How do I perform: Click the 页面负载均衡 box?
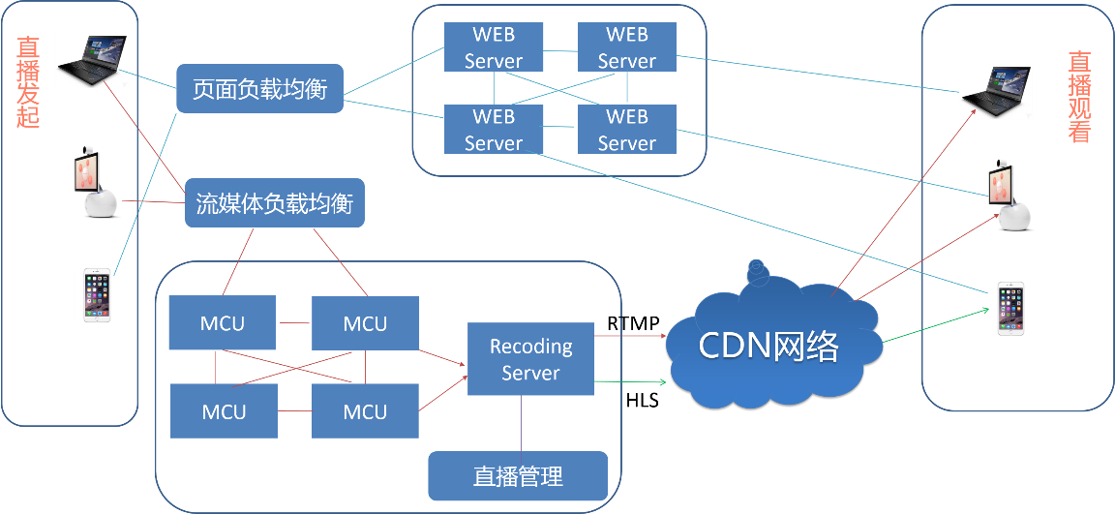coord(259,90)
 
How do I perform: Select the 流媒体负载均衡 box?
coord(274,203)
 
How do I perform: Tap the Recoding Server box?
coord(530,359)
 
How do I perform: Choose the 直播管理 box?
coord(518,476)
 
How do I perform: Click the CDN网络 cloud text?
coord(768,346)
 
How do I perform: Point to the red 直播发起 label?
coord(27,83)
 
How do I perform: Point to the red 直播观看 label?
coord(1079,97)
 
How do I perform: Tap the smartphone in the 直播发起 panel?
coord(97,294)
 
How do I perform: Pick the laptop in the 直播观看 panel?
coord(995,92)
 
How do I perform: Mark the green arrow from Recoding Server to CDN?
coord(630,382)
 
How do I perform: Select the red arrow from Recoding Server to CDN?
coord(630,336)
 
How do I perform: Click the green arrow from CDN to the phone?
coord(934,326)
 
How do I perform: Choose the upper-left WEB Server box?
coord(494,47)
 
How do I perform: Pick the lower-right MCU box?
coord(365,411)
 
